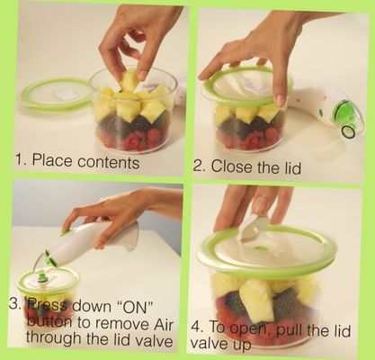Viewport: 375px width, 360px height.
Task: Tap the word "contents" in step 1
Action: (109, 162)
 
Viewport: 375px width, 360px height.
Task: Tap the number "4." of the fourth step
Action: (198, 327)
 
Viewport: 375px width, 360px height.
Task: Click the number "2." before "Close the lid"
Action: (200, 166)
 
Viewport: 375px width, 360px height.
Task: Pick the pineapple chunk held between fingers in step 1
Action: (129, 79)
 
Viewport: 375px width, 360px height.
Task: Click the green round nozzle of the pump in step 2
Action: (348, 131)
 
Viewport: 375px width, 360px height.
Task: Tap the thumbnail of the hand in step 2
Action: (281, 101)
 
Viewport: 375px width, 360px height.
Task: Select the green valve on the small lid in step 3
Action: (42, 276)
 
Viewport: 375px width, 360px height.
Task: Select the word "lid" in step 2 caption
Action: (291, 167)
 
